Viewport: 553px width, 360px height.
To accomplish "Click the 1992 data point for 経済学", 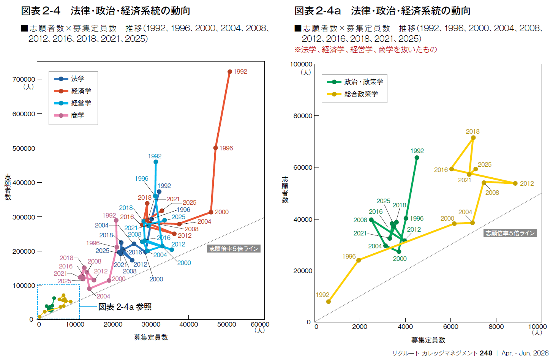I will (230, 72).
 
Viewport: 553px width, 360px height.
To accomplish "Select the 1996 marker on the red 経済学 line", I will (216, 148).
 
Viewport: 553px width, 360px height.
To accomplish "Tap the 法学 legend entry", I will (77, 79).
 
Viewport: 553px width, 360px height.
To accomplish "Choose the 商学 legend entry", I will (77, 115).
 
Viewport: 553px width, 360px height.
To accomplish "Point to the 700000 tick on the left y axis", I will (24, 79).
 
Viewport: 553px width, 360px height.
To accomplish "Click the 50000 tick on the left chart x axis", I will (226, 324).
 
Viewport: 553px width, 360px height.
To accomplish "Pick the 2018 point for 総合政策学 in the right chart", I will (473, 138).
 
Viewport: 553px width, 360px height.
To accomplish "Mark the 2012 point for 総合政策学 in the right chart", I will (515, 183).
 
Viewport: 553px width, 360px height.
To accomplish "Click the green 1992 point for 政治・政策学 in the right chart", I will (417, 158).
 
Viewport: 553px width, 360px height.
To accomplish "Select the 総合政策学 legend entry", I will (361, 94).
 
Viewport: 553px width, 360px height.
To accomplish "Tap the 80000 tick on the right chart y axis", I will (303, 116).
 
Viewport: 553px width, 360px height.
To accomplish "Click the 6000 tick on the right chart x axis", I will (451, 327).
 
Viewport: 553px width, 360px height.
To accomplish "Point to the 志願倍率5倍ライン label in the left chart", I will (234, 249).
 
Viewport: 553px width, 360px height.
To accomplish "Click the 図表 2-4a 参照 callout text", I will (125, 307).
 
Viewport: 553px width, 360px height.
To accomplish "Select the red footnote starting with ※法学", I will (366, 50).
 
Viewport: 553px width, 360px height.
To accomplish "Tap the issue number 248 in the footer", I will (486, 353).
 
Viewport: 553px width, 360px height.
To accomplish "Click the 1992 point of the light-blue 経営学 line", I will (156, 162).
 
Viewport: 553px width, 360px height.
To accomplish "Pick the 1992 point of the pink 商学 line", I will (116, 220).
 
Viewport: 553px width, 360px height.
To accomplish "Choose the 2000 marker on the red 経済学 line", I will (211, 212).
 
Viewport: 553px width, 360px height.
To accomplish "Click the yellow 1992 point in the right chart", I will (329, 302).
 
